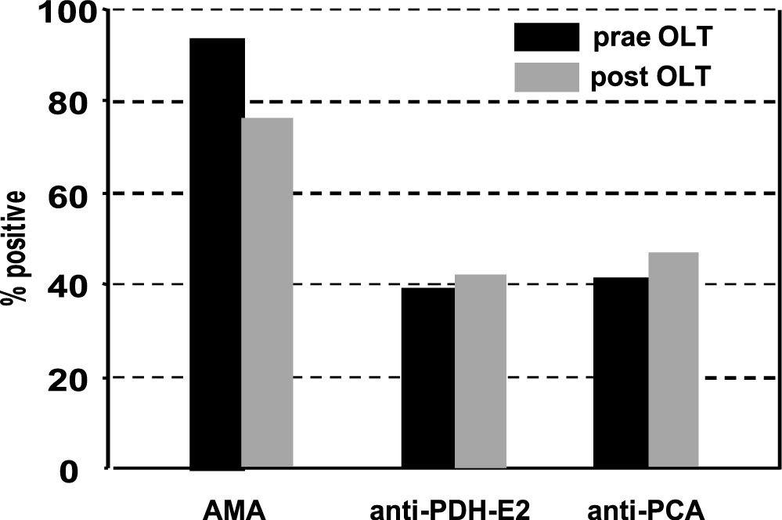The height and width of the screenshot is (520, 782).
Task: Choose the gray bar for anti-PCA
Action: point(673,360)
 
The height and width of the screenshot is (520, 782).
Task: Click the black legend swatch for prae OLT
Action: point(546,36)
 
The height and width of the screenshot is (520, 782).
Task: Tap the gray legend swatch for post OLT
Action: point(546,78)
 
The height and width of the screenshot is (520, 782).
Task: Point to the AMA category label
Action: point(236,509)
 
